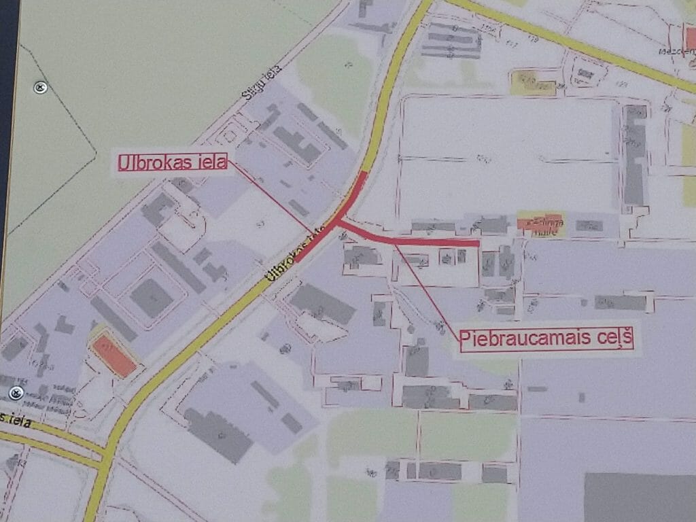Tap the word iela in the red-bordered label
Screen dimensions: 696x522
[210, 163]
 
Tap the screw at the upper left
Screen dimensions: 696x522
[40, 87]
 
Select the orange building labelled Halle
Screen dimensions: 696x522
[540, 222]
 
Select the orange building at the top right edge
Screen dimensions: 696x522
[691, 39]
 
